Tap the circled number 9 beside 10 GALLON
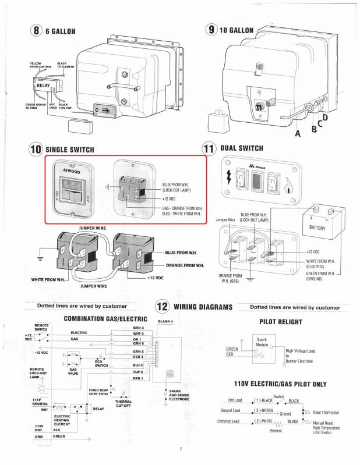(x=211, y=30)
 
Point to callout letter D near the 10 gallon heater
(x=325, y=118)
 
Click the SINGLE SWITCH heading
(x=69, y=150)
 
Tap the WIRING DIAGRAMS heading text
(x=203, y=307)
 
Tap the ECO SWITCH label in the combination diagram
(x=101, y=364)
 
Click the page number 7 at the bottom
(x=181, y=449)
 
